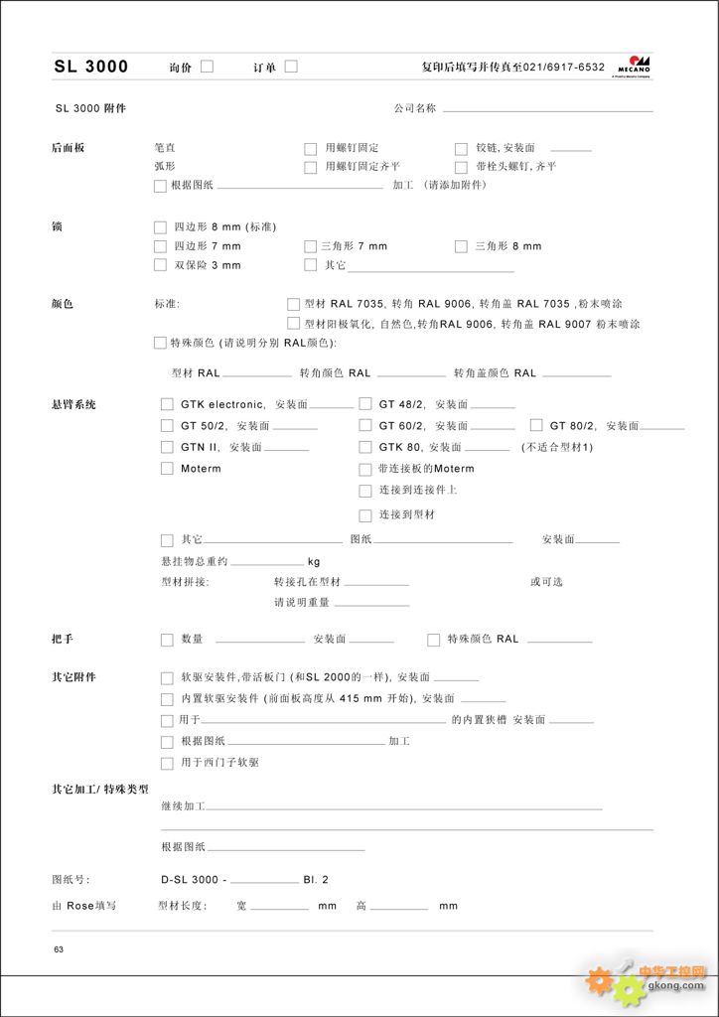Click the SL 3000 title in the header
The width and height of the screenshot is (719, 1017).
[90, 67]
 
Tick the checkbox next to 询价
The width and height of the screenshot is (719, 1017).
[208, 67]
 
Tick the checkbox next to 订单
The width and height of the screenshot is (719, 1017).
[291, 67]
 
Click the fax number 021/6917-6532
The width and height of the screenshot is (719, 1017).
[563, 68]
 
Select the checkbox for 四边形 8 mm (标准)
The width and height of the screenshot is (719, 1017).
[161, 226]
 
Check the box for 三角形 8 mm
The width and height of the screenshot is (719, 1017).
[461, 246]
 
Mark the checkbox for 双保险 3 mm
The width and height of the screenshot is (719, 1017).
[161, 265]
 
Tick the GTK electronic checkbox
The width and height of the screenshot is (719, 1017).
[167, 404]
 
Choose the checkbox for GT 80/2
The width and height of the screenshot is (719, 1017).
[536, 425]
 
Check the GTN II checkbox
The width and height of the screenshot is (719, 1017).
[167, 447]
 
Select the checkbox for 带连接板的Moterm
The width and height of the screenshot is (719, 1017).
[364, 469]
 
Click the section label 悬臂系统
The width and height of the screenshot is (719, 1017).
[73, 404]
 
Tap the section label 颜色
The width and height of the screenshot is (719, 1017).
[62, 303]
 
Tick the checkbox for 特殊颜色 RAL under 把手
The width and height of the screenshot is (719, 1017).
[433, 640]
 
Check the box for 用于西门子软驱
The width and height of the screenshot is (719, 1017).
[167, 763]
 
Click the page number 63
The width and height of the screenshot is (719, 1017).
[59, 950]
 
